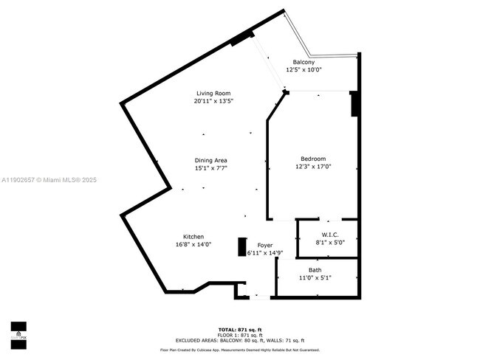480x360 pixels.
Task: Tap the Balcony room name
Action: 304,62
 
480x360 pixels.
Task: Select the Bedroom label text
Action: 312,159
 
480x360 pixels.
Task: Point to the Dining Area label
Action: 210,160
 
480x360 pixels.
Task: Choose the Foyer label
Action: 265,245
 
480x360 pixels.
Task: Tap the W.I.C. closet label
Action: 330,233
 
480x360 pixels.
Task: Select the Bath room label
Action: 315,270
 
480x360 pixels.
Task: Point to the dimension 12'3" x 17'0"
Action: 312,167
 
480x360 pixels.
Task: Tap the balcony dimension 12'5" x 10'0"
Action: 304,69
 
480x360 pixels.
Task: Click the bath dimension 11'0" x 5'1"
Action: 315,278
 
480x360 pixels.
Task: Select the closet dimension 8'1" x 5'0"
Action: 330,240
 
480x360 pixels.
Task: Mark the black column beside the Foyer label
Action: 241,246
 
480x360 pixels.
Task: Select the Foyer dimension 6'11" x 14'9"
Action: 265,252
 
